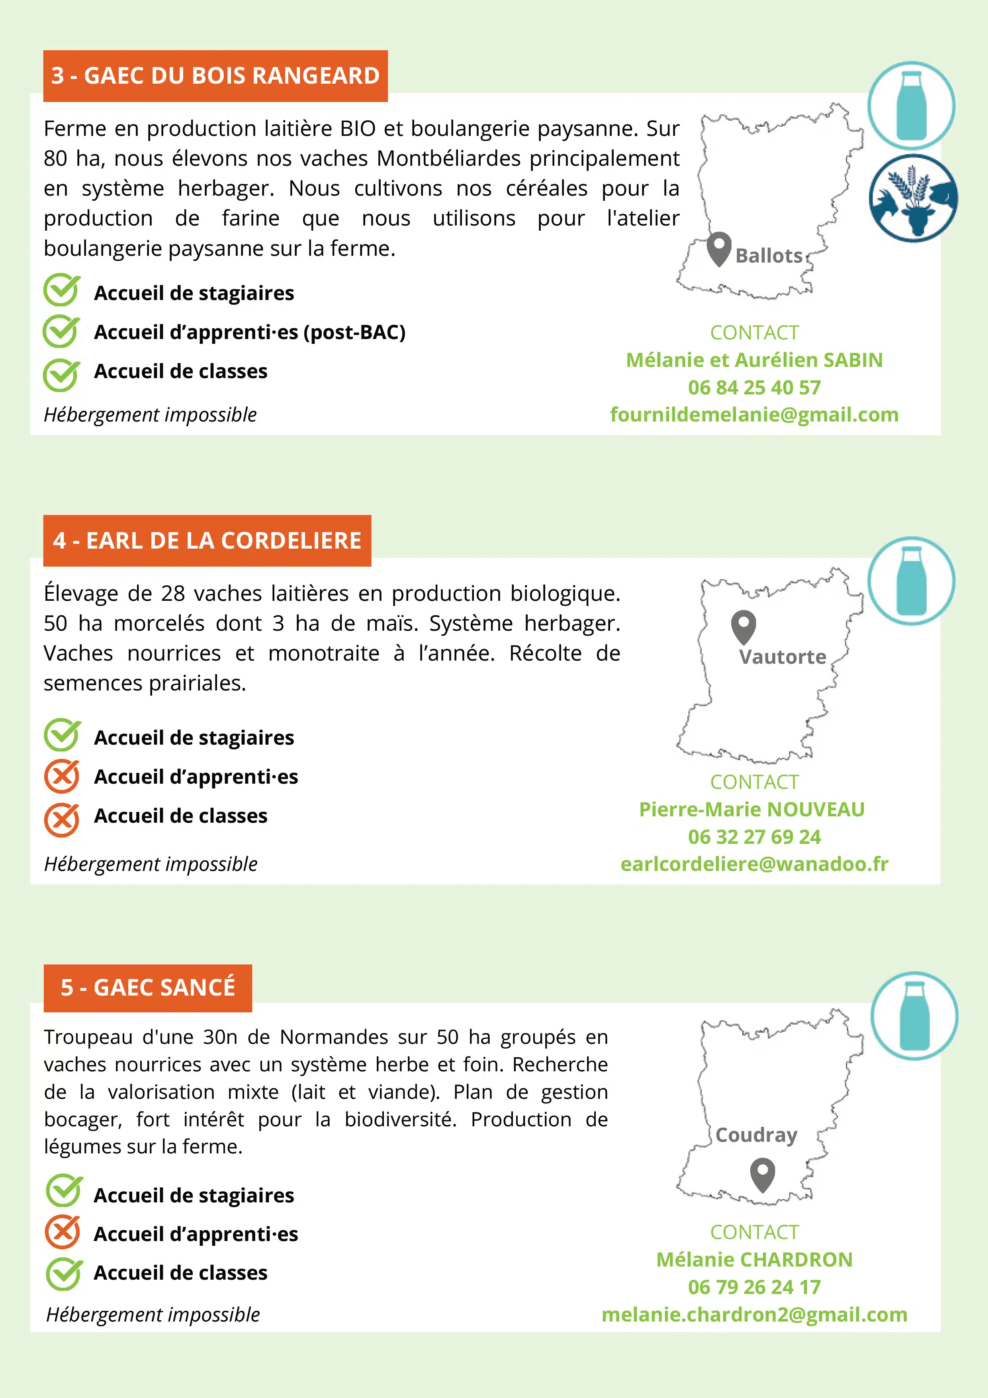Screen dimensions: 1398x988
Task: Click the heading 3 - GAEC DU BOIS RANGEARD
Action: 215,76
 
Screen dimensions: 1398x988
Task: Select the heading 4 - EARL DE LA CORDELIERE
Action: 207,541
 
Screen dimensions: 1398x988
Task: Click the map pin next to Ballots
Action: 719,249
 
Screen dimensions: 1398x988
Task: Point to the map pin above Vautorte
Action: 743,627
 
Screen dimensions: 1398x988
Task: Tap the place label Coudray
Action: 756,1135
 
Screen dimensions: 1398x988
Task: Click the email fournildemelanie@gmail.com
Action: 754,415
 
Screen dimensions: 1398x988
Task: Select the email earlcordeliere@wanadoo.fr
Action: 754,864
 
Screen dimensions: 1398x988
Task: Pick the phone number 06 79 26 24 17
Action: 754,1287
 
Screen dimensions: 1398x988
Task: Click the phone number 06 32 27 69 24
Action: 754,837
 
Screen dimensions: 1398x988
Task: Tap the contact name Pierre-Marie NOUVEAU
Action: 752,809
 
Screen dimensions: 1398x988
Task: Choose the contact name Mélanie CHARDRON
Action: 754,1260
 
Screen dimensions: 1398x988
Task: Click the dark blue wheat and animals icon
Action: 912,198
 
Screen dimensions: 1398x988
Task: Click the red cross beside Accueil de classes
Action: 61,820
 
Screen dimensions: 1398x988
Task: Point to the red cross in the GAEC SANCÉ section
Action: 62,1232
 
